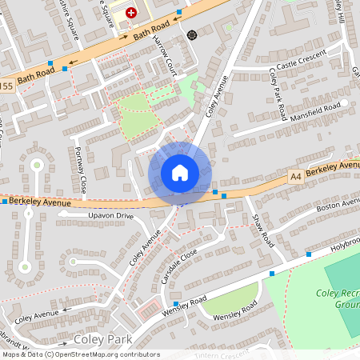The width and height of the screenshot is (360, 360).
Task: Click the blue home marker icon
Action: pos(179,172)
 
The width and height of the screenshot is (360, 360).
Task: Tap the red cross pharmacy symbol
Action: pos(131,14)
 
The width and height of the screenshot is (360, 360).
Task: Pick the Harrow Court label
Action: pos(166,58)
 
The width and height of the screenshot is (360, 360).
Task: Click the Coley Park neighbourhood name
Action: pos(102,340)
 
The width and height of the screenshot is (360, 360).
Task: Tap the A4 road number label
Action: pos(297,174)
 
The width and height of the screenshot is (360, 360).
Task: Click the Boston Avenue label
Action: pos(338,206)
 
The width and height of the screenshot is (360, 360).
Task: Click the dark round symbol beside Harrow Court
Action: pos(192,35)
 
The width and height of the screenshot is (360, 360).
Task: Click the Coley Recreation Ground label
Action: pos(344,300)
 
